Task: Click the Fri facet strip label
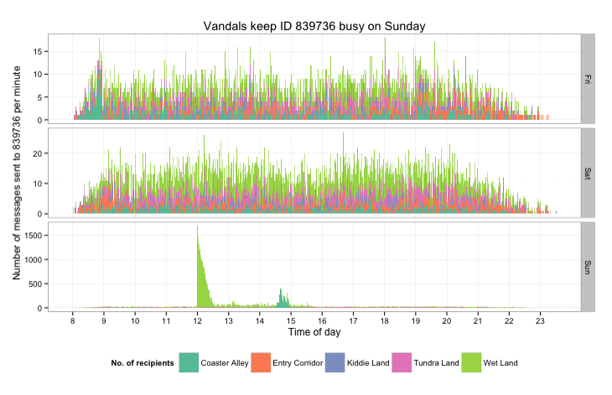588,78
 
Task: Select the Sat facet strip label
588,173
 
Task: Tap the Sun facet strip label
588,267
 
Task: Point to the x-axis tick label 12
198,320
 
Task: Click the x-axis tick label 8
74,320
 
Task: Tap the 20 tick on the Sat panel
39,153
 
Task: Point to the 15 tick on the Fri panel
39,51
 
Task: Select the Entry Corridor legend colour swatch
262,363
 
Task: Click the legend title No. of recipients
142,363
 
